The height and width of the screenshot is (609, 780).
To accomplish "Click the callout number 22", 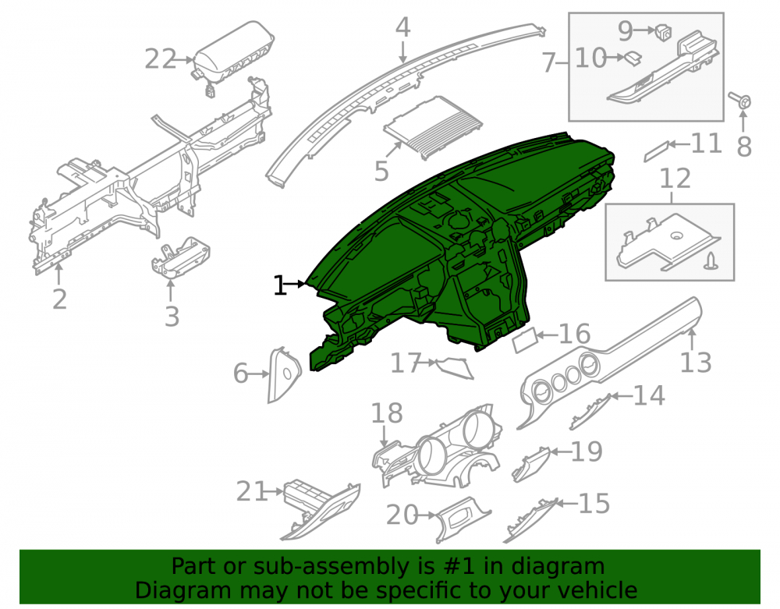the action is pyautogui.click(x=160, y=59).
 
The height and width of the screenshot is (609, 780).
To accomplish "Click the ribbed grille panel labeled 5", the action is pyautogui.click(x=433, y=127).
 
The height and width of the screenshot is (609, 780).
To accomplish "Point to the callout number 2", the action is pyautogui.click(x=60, y=299).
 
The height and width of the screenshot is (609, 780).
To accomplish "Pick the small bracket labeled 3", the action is pyautogui.click(x=180, y=257).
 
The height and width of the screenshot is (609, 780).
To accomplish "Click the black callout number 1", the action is pyautogui.click(x=280, y=285).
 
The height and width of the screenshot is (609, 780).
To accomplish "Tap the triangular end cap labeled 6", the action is pyautogui.click(x=284, y=374).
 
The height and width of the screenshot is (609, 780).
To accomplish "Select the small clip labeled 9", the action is pyautogui.click(x=663, y=31).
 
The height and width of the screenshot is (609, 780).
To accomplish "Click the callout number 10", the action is pyautogui.click(x=590, y=58).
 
